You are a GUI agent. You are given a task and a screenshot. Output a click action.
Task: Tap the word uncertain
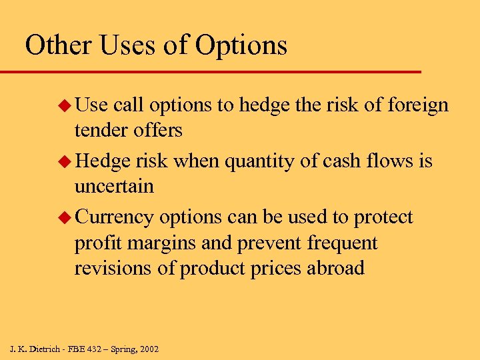tap(114, 187)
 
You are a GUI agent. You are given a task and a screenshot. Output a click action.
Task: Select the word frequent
tap(342, 244)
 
